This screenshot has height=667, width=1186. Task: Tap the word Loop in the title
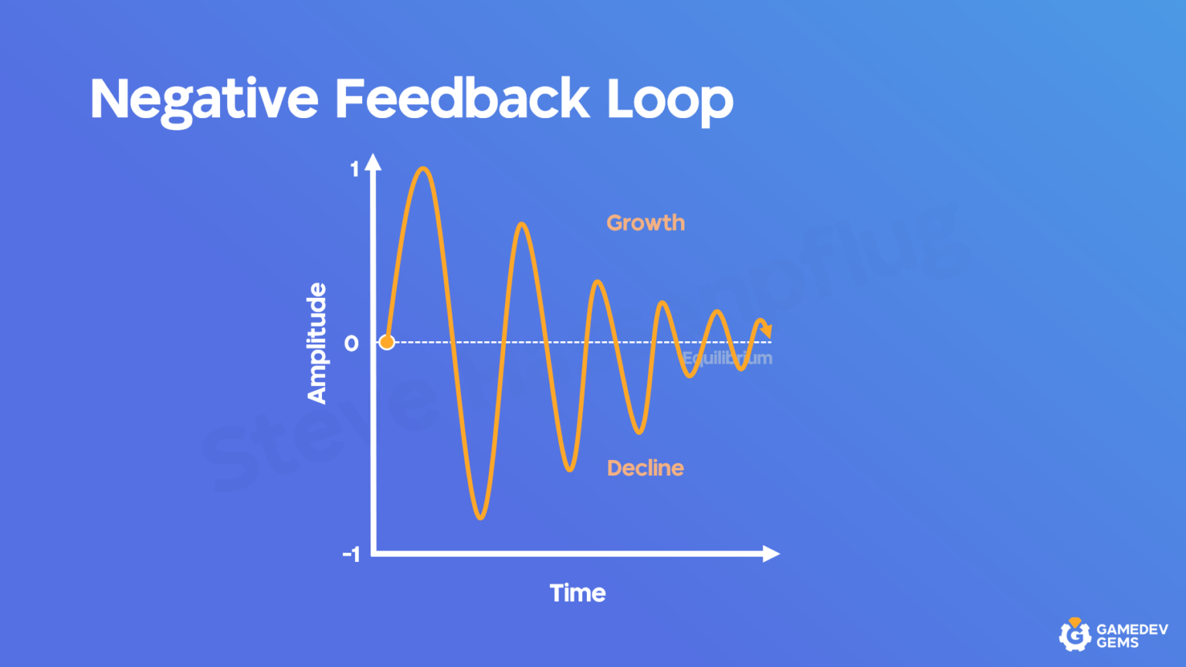tap(669, 100)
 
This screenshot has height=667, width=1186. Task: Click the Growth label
tap(646, 223)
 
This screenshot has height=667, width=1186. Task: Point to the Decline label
tap(646, 468)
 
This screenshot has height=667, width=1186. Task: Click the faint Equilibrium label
tap(727, 358)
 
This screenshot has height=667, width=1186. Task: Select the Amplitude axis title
tap(317, 344)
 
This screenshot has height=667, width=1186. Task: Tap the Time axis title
tap(578, 593)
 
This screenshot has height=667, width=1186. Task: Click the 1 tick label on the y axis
tap(354, 169)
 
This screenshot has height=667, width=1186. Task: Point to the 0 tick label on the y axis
tap(351, 343)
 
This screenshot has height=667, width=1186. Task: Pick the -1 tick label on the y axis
tap(351, 554)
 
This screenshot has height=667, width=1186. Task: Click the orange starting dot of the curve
tap(387, 342)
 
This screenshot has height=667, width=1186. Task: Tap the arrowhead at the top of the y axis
tap(374, 161)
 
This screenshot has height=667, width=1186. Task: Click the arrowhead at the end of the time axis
tap(771, 554)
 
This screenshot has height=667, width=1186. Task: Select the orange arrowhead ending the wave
tap(766, 330)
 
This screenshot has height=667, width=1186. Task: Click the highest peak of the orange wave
tap(423, 168)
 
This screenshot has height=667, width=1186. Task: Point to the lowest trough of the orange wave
tap(480, 517)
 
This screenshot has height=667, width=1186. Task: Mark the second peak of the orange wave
tap(523, 225)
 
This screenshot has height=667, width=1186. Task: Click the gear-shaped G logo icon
tap(1074, 635)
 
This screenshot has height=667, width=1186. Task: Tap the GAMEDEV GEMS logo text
tap(1132, 635)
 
